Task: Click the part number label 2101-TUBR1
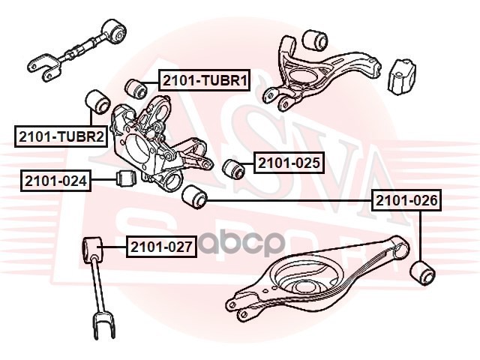coord(202,80)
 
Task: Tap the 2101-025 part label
coord(289,162)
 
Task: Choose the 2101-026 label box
coord(407,200)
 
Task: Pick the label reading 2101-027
coord(160,245)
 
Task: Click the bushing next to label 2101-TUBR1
coord(136,87)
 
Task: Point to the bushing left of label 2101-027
coord(91,246)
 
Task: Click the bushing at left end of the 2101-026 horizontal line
coord(193,197)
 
